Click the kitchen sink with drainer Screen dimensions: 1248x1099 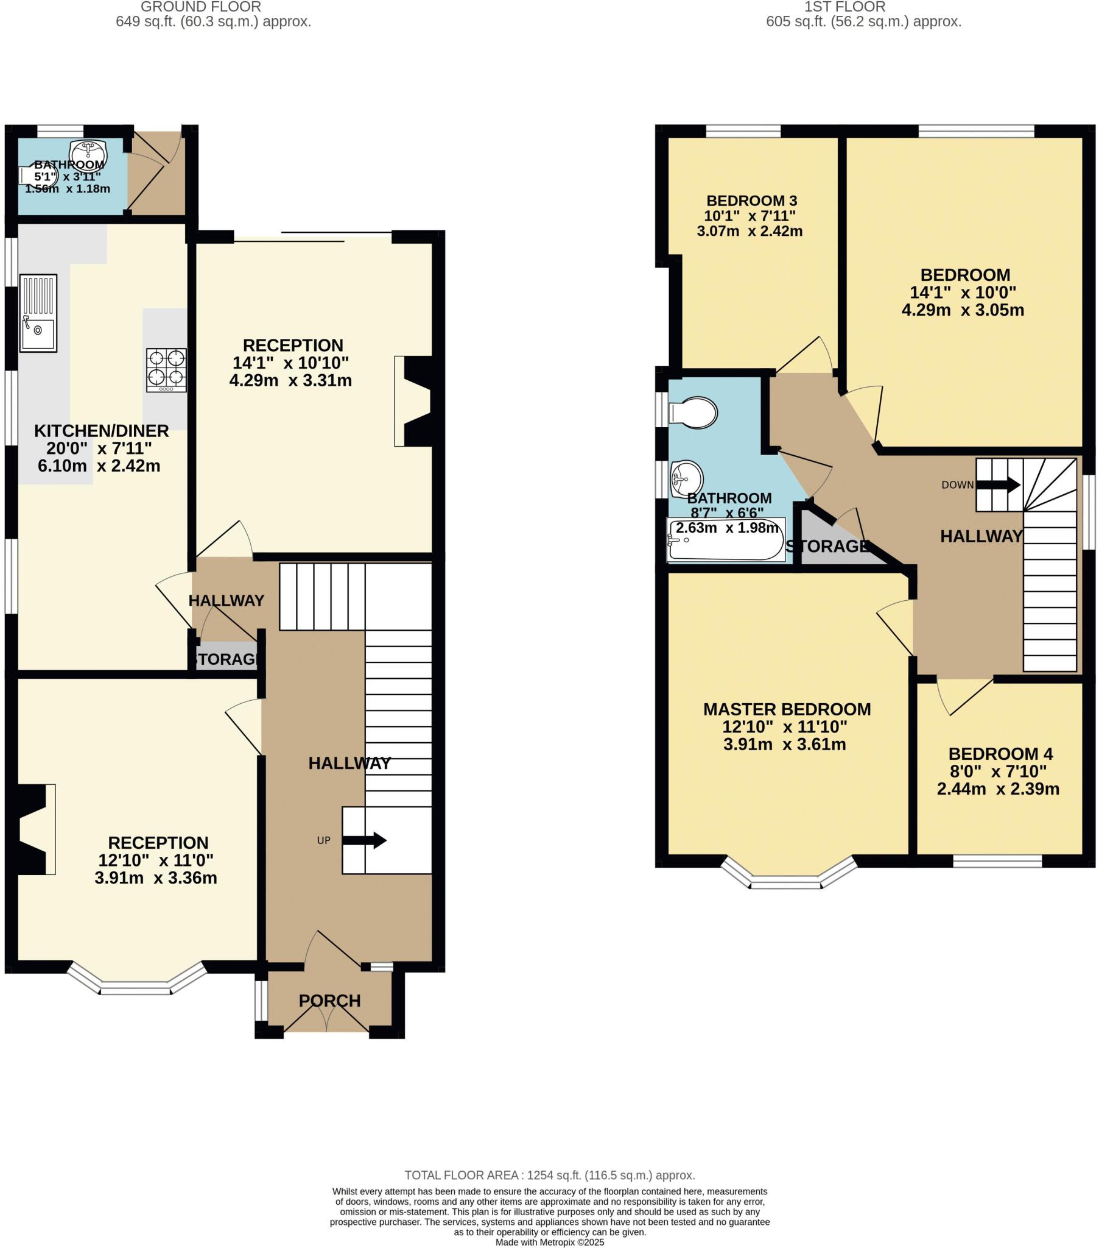[x=38, y=313]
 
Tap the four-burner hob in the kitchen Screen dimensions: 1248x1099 [x=166, y=370]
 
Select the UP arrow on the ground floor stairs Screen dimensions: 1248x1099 [x=364, y=840]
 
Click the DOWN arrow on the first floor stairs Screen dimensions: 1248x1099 [x=998, y=486]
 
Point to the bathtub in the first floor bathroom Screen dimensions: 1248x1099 [x=726, y=540]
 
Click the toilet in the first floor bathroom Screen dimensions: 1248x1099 [x=694, y=413]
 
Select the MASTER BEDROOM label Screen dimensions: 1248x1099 [x=787, y=709]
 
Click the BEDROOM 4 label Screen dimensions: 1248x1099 [x=1000, y=753]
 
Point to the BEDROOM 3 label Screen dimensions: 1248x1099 [x=751, y=200]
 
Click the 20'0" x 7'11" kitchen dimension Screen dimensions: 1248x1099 [x=99, y=448]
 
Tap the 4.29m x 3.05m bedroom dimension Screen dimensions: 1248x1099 [x=963, y=310]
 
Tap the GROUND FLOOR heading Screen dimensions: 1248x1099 [x=201, y=7]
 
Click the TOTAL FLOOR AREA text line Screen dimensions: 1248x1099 [x=549, y=1175]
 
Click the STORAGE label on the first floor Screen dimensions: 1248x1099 [x=827, y=546]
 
